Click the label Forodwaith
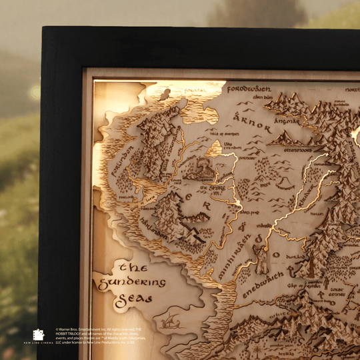[249, 89]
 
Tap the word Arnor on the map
[253, 123]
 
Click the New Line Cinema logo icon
[38, 335]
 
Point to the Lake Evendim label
[233, 145]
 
